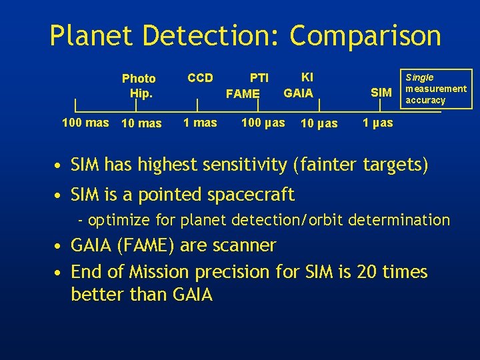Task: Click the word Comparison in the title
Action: pyautogui.click(x=365, y=36)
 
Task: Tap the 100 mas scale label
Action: pyautogui.click(x=85, y=123)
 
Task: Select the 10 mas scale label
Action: pyautogui.click(x=141, y=123)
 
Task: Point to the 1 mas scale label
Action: pyautogui.click(x=200, y=123)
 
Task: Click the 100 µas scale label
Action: pyautogui.click(x=263, y=123)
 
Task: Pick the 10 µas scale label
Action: pyautogui.click(x=319, y=123)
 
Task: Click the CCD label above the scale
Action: pyautogui.click(x=200, y=78)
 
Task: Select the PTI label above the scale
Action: pyautogui.click(x=259, y=79)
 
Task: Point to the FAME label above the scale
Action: pyautogui.click(x=243, y=94)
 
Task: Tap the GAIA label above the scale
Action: pyautogui.click(x=298, y=93)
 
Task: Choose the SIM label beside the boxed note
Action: pyautogui.click(x=381, y=93)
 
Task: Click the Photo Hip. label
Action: pyautogui.click(x=139, y=86)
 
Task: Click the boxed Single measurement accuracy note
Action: pyautogui.click(x=435, y=89)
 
